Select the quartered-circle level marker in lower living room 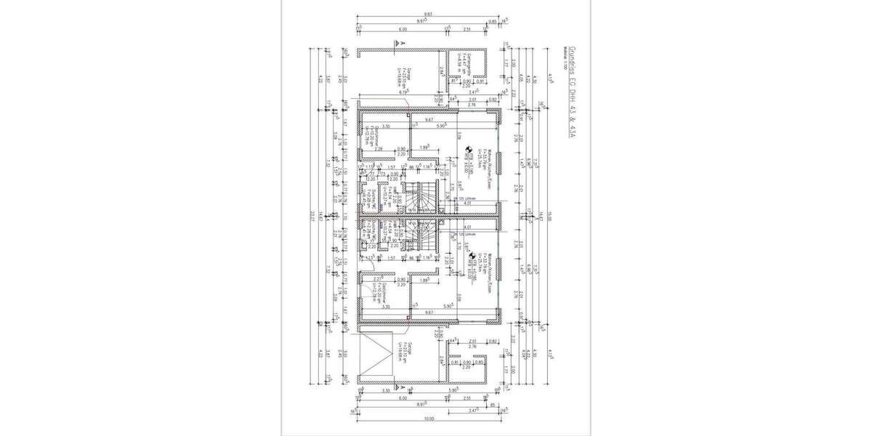pos(469,254)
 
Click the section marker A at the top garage pos(397,44)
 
